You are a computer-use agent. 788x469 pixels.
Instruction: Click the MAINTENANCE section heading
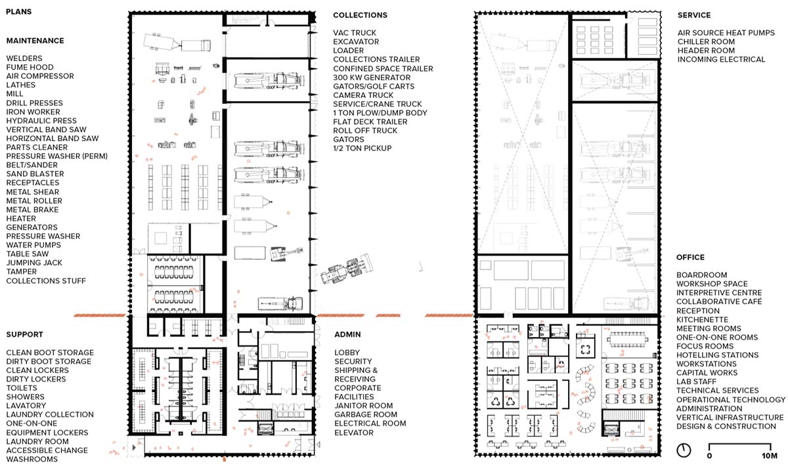point(35,41)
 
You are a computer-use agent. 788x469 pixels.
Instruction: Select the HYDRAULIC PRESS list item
point(41,121)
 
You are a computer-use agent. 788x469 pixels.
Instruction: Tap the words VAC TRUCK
point(355,33)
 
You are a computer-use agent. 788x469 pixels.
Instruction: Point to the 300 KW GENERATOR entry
point(372,78)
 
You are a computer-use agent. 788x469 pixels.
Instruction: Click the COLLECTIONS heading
point(361,15)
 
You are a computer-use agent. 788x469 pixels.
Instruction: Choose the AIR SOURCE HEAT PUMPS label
point(726,33)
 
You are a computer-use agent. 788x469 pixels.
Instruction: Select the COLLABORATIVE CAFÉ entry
point(719,301)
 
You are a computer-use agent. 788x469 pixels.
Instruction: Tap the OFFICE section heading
point(690,257)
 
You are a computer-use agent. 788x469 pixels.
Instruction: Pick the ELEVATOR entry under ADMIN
point(354,433)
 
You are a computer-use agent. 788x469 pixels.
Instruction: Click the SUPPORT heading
point(25,334)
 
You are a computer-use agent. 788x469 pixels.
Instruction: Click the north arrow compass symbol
point(684,451)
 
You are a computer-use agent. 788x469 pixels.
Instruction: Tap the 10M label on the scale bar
point(770,456)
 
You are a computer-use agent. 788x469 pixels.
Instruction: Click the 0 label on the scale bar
point(709,456)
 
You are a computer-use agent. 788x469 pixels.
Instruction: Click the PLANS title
point(18,12)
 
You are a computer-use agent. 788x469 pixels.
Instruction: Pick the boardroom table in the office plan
point(628,340)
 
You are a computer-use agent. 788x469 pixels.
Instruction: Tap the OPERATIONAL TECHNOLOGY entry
point(731,399)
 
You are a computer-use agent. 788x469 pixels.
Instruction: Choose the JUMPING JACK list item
point(34,263)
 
